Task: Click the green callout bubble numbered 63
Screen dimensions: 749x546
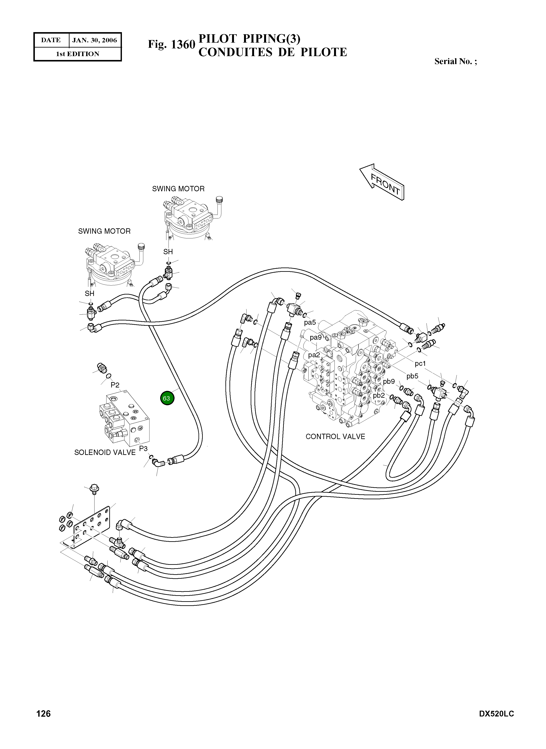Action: (167, 398)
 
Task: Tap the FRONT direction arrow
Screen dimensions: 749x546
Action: (383, 182)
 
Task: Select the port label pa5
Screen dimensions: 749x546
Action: (310, 322)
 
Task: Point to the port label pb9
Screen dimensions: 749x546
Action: (389, 381)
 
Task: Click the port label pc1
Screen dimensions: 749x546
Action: (420, 364)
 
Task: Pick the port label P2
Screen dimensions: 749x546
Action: (115, 385)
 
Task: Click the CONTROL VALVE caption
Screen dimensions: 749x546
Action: (335, 437)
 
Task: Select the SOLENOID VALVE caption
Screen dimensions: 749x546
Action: (105, 452)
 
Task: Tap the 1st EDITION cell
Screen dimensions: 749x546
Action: (78, 54)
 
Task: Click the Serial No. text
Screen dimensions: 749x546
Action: (456, 61)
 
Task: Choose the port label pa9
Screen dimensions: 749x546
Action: (316, 338)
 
